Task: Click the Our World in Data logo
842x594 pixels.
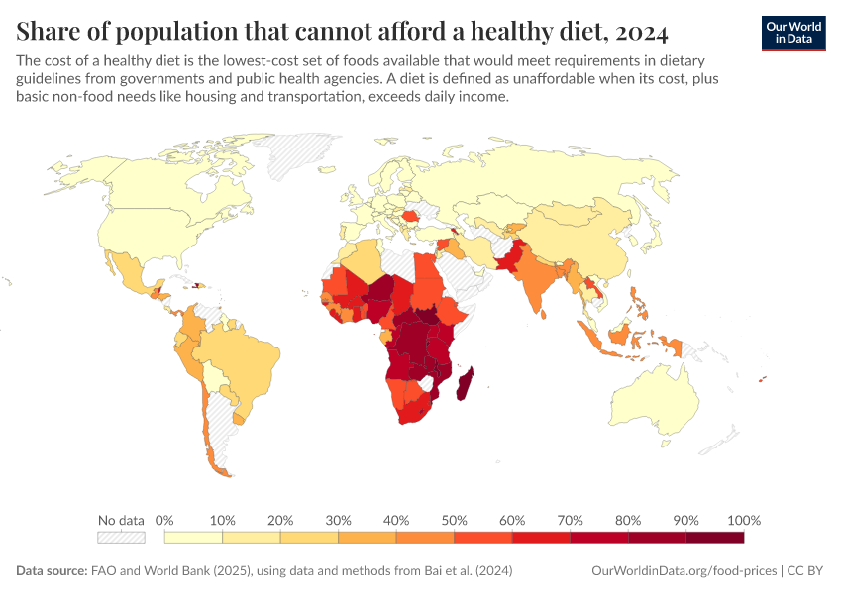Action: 792,33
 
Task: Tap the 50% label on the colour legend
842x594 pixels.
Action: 454,520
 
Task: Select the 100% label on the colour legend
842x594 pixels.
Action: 743,520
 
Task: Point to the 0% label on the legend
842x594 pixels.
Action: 164,520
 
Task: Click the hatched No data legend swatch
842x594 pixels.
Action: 121,538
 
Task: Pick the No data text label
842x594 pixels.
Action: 121,520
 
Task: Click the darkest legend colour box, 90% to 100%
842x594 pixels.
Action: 715,538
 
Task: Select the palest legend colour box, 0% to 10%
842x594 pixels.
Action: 193,538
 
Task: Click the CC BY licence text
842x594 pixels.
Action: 807,571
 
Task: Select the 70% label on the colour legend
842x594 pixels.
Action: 570,520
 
